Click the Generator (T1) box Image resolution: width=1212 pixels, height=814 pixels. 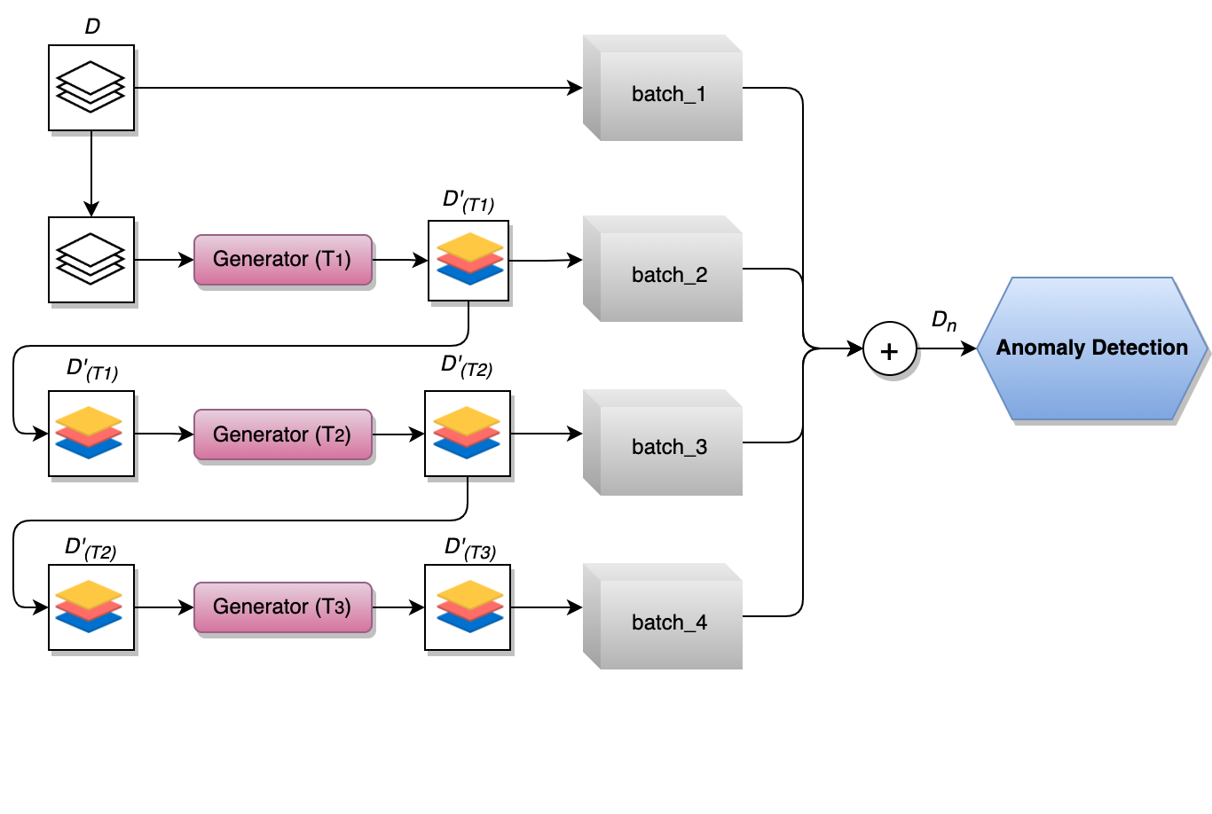click(282, 260)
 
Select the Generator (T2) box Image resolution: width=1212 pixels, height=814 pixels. click(282, 434)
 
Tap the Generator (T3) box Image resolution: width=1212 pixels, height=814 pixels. click(282, 607)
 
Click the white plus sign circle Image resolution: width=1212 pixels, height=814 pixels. click(889, 349)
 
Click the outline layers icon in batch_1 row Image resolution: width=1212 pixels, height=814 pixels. click(91, 88)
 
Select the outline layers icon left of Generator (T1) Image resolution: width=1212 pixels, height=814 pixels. click(91, 260)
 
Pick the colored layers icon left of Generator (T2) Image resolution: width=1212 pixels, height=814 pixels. click(91, 434)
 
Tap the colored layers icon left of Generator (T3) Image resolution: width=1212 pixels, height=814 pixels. click(91, 607)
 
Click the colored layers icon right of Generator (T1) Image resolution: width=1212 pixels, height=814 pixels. click(468, 261)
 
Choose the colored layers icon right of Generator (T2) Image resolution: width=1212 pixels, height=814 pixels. click(468, 434)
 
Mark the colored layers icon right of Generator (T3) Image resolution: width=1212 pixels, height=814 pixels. click(468, 607)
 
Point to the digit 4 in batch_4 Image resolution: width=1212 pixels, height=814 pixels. click(701, 622)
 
